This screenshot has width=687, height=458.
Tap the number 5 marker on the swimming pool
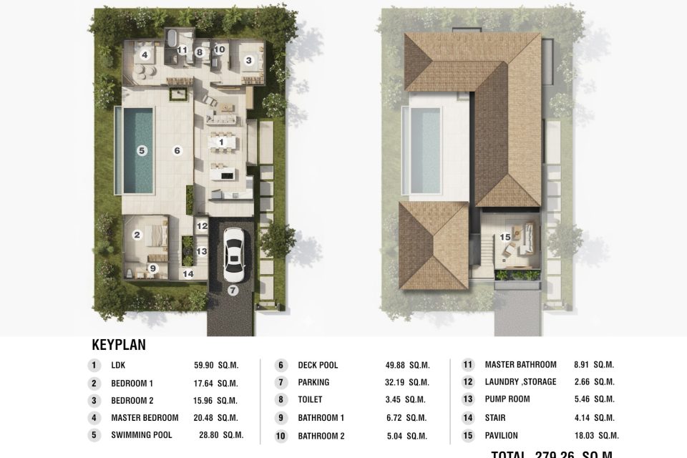(x=142, y=150)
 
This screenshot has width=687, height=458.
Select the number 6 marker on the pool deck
(x=177, y=150)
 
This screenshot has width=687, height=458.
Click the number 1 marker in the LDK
(x=222, y=142)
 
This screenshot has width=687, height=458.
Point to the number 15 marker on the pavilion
(x=506, y=236)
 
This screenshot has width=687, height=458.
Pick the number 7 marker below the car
(x=233, y=290)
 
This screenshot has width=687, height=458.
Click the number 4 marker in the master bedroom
(x=145, y=55)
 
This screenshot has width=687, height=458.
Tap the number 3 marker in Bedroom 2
(x=248, y=61)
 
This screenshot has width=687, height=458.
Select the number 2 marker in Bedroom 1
(x=137, y=234)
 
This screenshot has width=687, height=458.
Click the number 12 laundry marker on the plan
(x=202, y=226)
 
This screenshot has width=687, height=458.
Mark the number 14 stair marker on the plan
(x=187, y=273)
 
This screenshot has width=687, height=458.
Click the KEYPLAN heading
(x=119, y=345)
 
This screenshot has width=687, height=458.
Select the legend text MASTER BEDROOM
(x=145, y=418)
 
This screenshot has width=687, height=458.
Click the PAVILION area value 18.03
(x=599, y=435)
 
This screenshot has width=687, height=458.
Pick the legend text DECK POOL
(x=318, y=365)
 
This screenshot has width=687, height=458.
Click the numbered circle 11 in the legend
(x=468, y=365)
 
